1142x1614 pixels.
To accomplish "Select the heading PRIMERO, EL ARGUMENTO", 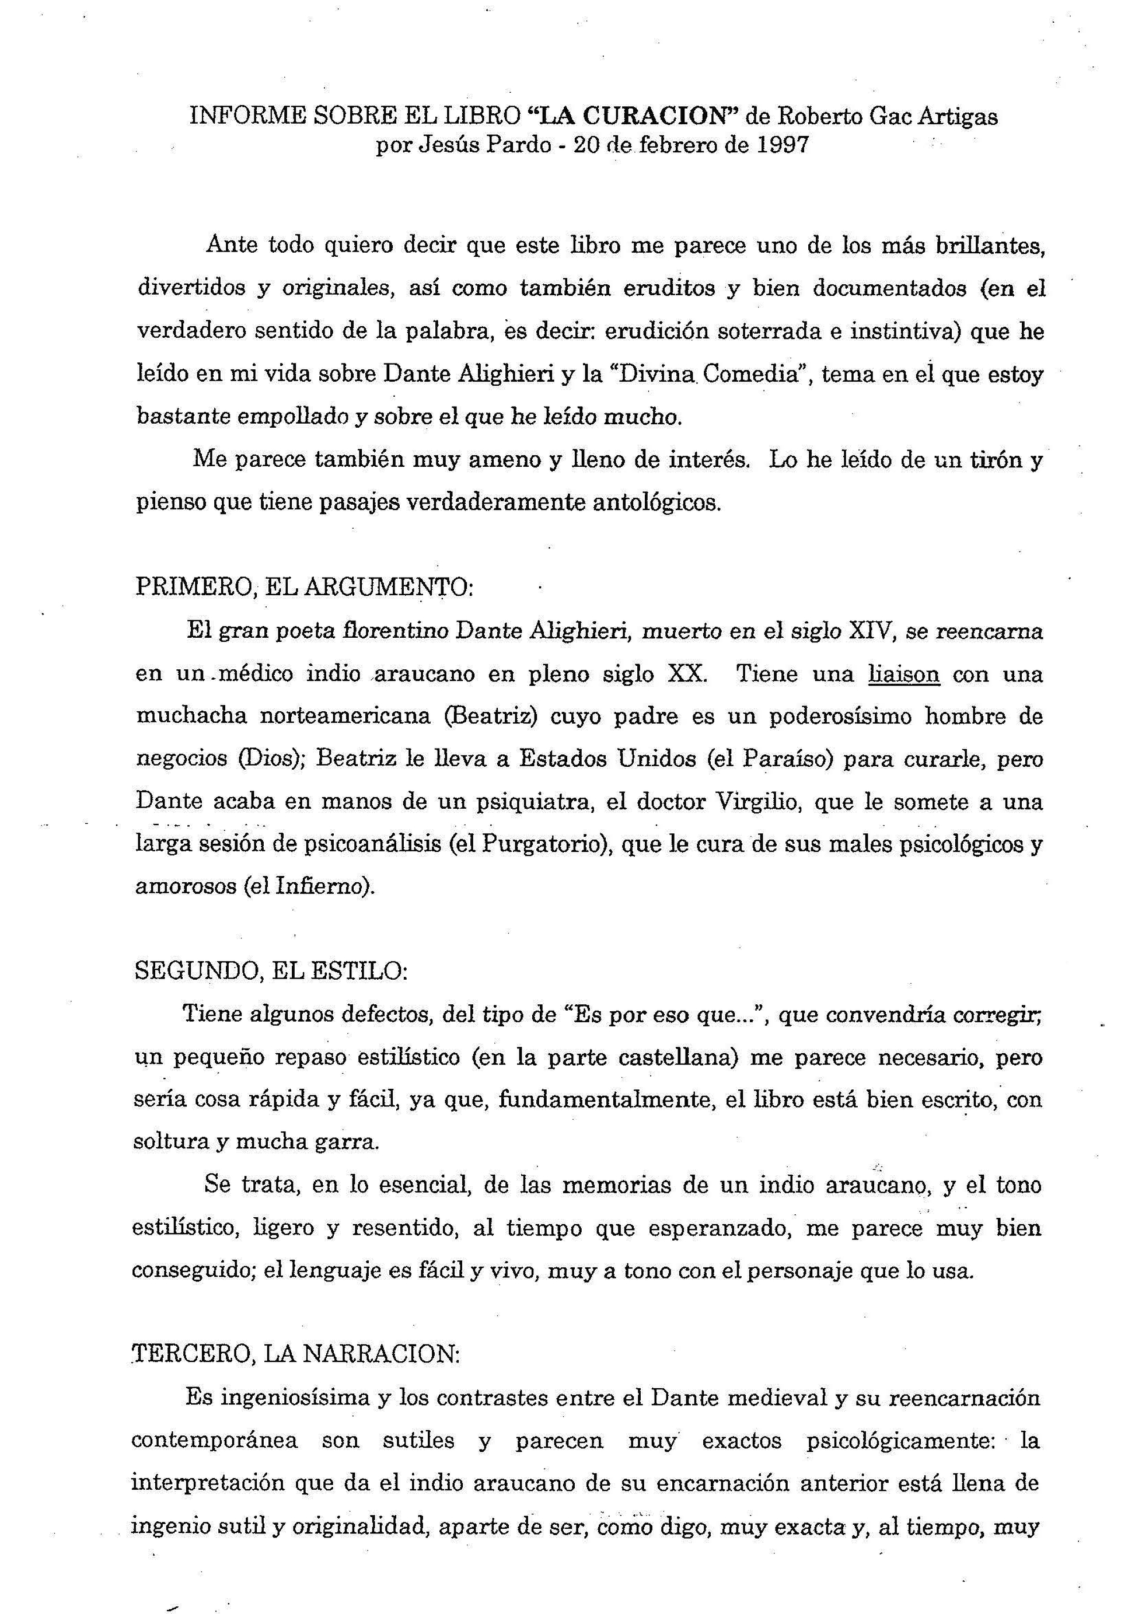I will point(305,587).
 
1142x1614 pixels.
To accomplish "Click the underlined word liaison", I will point(904,673).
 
